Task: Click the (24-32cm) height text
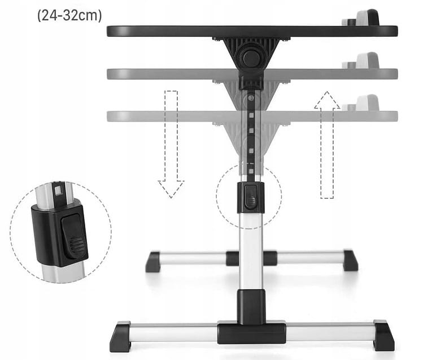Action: (x=69, y=15)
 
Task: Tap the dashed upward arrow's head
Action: (x=327, y=100)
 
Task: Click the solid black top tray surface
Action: (x=252, y=31)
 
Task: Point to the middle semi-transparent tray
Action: (x=252, y=74)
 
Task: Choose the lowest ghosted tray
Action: (x=252, y=116)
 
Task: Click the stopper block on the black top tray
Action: (x=367, y=18)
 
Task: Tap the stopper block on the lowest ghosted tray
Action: (x=367, y=102)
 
